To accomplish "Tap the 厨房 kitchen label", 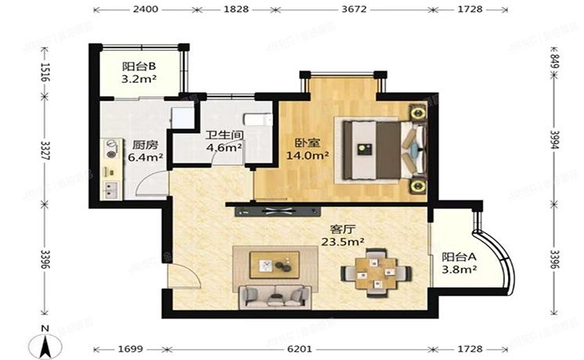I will pyautogui.click(x=142, y=145).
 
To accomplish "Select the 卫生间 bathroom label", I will pyautogui.click(x=222, y=134).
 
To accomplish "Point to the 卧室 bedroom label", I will pyautogui.click(x=306, y=143).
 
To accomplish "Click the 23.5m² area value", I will pyautogui.click(x=342, y=243).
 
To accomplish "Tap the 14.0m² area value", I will pyautogui.click(x=311, y=156).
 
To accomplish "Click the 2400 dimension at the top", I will pyautogui.click(x=145, y=10).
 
